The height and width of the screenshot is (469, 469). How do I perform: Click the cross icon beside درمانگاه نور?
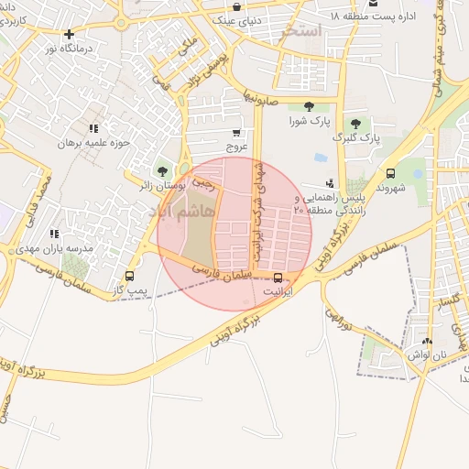[x=69, y=34]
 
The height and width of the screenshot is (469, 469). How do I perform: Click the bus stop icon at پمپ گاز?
[x=129, y=276]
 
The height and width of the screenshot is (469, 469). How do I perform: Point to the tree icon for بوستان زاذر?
[x=163, y=170]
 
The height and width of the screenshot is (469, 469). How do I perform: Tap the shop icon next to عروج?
[x=236, y=132]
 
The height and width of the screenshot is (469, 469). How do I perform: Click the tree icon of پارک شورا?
[x=308, y=106]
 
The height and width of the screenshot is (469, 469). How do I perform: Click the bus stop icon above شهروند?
[x=391, y=173]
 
